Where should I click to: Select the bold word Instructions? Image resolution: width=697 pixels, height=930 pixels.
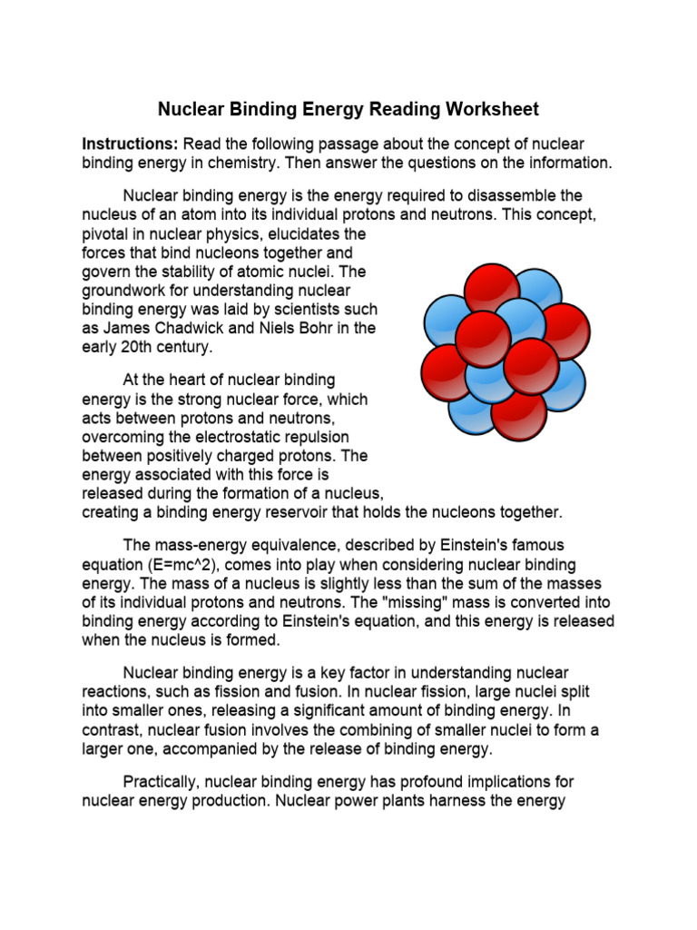(x=130, y=144)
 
